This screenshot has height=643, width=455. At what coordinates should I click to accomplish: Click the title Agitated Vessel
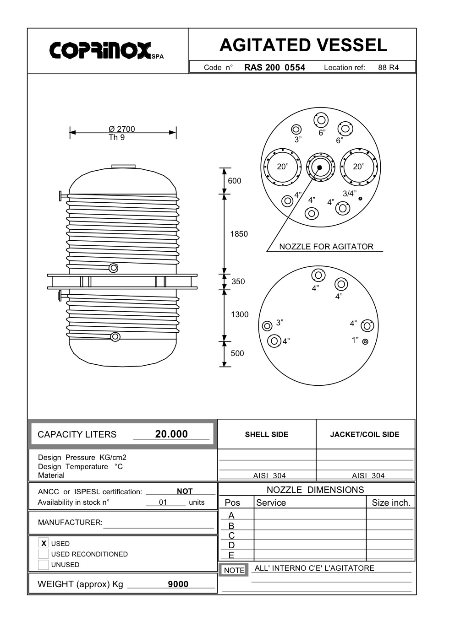303,45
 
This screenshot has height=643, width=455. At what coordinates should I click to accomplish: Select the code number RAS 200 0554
274,67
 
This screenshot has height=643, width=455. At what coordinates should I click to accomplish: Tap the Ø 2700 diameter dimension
122,129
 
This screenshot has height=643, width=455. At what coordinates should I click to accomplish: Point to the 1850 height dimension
239,234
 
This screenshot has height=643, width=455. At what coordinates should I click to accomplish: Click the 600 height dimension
234,181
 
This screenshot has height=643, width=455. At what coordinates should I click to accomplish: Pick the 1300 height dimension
239,314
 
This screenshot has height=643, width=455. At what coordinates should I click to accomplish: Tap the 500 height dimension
237,353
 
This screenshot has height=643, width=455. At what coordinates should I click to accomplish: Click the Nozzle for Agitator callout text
326,247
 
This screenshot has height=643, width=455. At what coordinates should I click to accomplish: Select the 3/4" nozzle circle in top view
361,199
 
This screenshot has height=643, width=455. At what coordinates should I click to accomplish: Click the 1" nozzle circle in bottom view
365,341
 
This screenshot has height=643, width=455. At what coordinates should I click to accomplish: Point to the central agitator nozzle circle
319,168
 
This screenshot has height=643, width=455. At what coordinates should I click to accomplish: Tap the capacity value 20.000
171,434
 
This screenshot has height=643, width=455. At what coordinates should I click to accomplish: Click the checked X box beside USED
44,543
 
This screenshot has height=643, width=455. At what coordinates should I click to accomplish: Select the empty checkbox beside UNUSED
44,565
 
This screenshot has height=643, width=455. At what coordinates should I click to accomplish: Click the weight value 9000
178,584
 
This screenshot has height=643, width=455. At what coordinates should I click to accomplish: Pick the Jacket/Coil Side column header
364,434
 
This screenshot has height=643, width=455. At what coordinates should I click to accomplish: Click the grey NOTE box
234,570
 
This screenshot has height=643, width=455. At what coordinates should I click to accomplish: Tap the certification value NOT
185,491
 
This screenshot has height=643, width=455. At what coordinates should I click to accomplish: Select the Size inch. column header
391,503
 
